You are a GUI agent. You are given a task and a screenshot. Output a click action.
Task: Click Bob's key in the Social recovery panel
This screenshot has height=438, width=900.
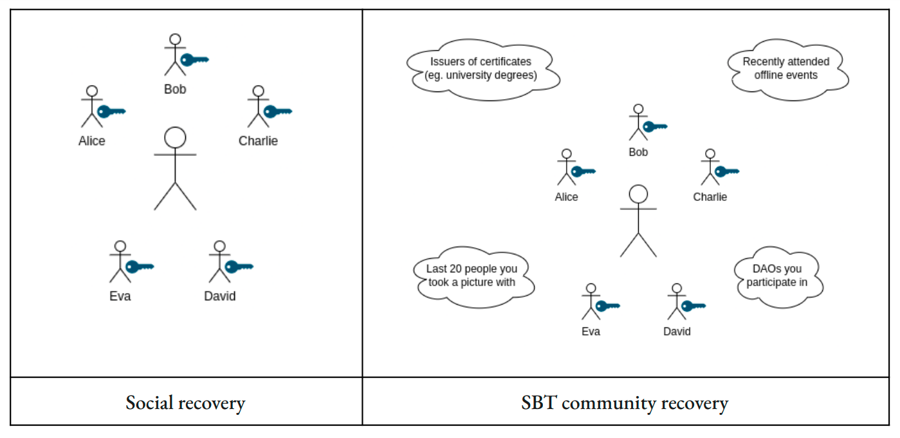194,60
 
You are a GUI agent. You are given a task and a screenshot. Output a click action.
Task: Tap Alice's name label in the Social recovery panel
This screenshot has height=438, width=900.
92,141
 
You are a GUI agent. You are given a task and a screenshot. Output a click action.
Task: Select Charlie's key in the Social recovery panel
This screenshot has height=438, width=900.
277,111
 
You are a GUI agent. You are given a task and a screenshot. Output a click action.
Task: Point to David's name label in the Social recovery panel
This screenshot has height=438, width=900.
220,296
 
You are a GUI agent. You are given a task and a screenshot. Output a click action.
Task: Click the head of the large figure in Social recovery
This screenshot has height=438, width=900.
175,137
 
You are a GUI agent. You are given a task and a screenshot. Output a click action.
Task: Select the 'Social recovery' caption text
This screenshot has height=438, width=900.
185,403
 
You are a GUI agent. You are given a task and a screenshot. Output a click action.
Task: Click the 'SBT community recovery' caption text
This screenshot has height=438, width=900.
625,403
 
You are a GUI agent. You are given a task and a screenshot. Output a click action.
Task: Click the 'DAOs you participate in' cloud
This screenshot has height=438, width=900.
777,275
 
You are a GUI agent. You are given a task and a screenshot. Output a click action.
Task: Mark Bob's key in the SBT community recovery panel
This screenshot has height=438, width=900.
654,126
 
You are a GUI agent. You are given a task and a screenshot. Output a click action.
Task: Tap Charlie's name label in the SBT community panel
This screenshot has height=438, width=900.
710,197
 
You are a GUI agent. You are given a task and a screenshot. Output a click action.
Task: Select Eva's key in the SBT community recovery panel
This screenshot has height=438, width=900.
607,306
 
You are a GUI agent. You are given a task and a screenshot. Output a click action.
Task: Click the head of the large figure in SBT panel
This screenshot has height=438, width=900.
638,194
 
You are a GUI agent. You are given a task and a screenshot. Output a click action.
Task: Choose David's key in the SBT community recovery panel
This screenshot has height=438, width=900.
693,306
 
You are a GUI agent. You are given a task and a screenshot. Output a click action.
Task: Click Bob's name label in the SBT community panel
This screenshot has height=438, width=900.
638,153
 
